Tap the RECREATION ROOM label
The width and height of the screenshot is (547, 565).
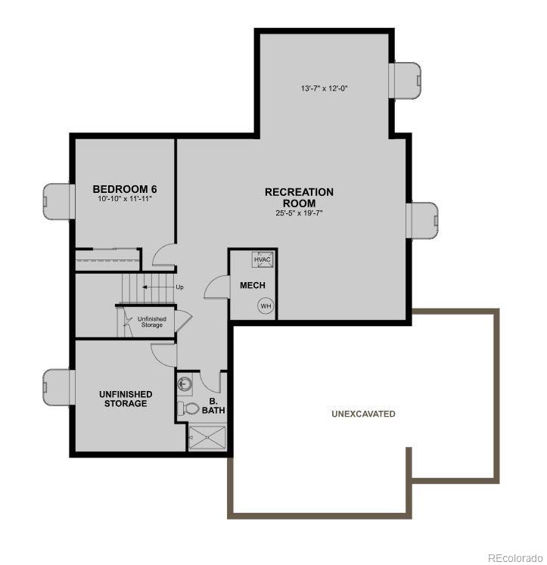click(299, 197)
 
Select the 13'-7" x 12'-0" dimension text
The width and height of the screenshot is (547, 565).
click(324, 88)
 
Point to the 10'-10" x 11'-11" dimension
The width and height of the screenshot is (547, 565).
click(125, 199)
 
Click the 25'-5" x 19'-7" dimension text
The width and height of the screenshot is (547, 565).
click(299, 213)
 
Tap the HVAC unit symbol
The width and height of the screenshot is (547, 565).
click(263, 259)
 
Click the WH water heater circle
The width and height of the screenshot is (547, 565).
click(266, 306)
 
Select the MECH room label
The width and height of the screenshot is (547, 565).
click(253, 285)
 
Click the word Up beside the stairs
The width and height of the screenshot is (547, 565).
click(179, 287)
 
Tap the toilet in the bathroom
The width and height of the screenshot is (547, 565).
click(189, 408)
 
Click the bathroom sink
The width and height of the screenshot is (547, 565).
click(185, 384)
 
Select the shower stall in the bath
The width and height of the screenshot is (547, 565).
click(207, 438)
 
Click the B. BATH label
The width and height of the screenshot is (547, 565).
click(213, 405)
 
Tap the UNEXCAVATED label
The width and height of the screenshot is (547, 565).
click(363, 414)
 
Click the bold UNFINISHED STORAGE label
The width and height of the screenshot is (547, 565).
click(126, 399)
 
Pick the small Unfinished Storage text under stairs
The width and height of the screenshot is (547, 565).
click(152, 322)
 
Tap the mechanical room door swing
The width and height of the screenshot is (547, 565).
click(217, 287)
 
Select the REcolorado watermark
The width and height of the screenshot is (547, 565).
click(515, 558)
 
